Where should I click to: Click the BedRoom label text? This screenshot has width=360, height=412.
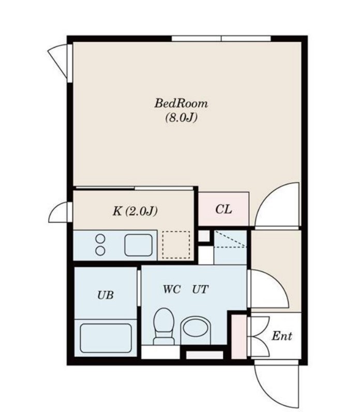181,103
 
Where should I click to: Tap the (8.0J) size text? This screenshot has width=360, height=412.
181,118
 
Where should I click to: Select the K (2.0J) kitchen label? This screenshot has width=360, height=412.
135,211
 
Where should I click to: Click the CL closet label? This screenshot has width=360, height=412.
223,209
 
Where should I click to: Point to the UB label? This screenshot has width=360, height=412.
106,295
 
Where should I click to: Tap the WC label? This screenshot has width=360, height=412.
171,289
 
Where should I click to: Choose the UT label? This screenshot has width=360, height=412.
200,289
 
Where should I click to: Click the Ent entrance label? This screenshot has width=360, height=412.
281,336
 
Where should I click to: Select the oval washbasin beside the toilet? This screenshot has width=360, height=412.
196,328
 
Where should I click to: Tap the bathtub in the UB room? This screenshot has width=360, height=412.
106,338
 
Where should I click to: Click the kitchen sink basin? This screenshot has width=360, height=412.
138,245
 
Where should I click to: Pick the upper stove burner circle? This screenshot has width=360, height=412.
100,239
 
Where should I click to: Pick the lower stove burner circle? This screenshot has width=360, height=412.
100,251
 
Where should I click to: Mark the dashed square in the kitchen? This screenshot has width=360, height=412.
176,245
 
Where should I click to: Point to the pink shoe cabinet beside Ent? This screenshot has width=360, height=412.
239,337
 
